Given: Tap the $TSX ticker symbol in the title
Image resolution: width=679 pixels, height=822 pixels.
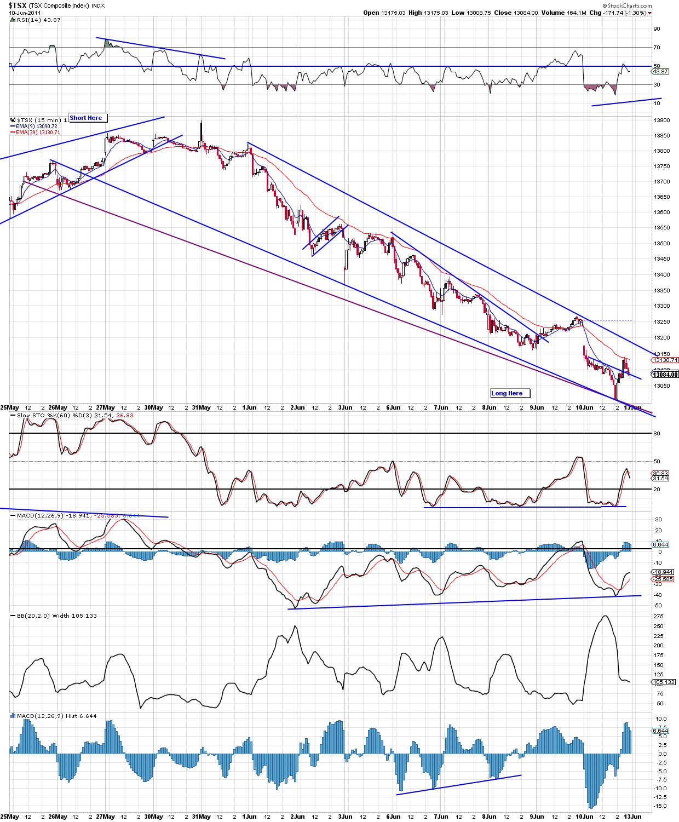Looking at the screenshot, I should (17, 5).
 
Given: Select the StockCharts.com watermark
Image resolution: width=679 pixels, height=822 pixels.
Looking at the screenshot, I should (629, 5).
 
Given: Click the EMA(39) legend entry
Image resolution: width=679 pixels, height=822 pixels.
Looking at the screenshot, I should (38, 133).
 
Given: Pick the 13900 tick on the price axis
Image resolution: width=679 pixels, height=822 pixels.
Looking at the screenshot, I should (661, 120).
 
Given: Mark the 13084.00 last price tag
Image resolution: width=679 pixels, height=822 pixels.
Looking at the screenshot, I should (665, 375).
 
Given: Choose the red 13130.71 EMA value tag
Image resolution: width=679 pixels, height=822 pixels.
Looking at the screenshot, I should (665, 360).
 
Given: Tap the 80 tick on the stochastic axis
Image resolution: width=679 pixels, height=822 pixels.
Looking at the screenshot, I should (657, 434).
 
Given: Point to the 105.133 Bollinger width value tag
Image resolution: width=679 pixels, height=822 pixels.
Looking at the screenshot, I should (664, 682).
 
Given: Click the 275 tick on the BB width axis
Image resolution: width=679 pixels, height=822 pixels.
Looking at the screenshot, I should (659, 617).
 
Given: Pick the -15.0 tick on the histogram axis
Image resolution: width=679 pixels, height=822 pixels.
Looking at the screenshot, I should (660, 806).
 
